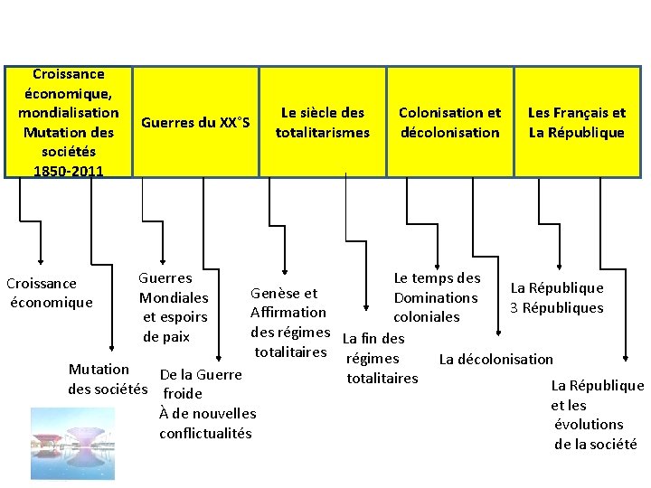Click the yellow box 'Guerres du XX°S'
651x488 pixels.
[195, 123]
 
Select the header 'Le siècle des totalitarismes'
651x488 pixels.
[323, 123]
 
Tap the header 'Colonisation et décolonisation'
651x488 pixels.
[449, 123]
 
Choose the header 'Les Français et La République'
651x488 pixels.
[577, 123]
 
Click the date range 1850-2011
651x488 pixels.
[68, 171]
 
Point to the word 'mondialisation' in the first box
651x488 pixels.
[68, 113]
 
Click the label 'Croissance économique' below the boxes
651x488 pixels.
[51, 293]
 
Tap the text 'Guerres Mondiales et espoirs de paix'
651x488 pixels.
[174, 307]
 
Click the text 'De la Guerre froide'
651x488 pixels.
[200, 384]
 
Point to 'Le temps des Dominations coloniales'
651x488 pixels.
[436, 297]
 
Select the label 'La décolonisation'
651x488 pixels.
[495, 359]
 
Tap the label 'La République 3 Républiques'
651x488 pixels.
[556, 298]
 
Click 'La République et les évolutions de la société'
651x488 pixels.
[597, 414]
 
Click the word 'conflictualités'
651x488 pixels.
[205, 434]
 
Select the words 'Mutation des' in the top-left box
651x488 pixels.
[68, 132]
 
